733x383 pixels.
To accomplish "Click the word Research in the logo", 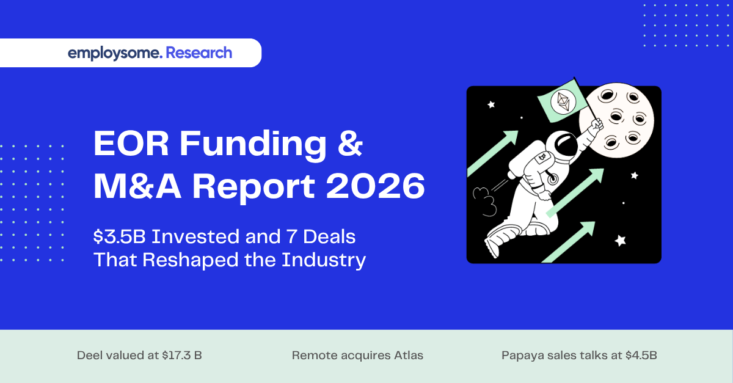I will [199, 53].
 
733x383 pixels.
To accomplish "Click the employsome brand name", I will [115, 53].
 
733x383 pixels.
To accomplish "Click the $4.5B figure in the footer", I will [641, 355].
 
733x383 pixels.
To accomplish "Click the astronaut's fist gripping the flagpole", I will [597, 125].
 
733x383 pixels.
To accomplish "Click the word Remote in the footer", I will [310, 355].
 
